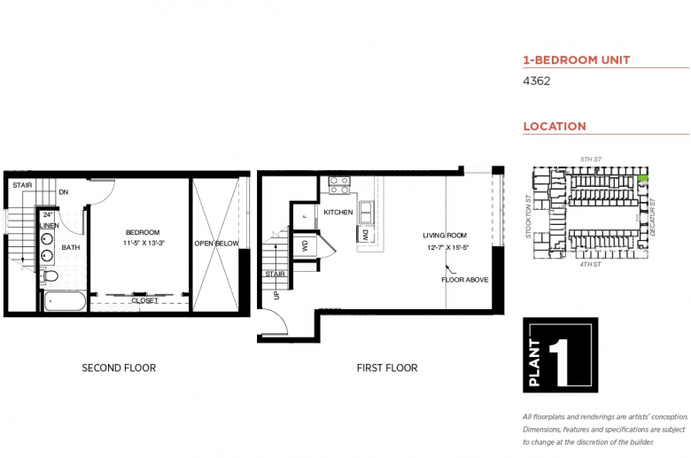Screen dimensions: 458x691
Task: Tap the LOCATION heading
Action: coord(555,127)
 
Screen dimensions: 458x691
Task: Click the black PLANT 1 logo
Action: coord(560,354)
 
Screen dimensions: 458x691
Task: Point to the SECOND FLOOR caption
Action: coord(119,368)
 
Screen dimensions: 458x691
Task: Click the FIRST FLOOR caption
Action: coord(388,368)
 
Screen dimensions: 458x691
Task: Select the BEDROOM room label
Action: coord(142,232)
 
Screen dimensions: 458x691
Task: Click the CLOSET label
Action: coord(144,301)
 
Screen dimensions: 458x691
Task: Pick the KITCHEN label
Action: coord(338,213)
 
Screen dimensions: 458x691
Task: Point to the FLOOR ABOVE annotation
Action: coord(464,280)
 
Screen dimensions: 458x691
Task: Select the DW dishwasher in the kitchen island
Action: coord(364,236)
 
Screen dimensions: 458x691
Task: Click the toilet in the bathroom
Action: coord(50,277)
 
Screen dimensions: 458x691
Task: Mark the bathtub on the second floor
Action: coord(65,302)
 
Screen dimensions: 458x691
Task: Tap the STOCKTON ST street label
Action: coord(528,216)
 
